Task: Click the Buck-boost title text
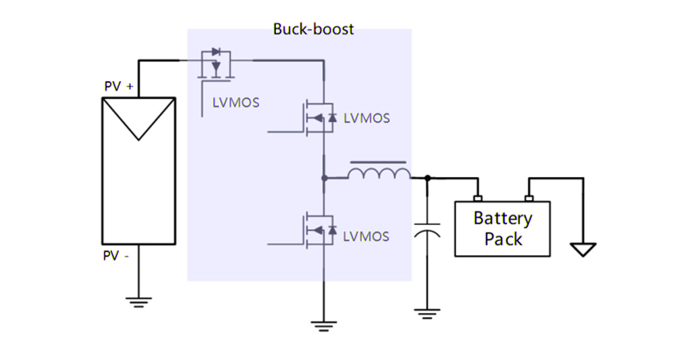pyautogui.click(x=313, y=29)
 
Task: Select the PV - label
pyautogui.click(x=116, y=256)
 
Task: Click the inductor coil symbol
pyautogui.click(x=379, y=174)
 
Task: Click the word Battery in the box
pyautogui.click(x=502, y=219)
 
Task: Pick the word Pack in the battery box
pyautogui.click(x=503, y=239)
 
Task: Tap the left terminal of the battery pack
pyautogui.click(x=478, y=198)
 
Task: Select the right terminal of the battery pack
pyautogui.click(x=529, y=198)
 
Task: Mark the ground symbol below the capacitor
pyautogui.click(x=427, y=313)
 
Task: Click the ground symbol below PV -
pyautogui.click(x=138, y=301)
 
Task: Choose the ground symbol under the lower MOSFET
pyautogui.click(x=324, y=326)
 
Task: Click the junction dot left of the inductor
pyautogui.click(x=324, y=178)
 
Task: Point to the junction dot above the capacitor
pyautogui.click(x=427, y=178)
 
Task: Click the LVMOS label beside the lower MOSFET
pyautogui.click(x=367, y=236)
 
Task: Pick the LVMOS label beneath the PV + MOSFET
pyautogui.click(x=236, y=103)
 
